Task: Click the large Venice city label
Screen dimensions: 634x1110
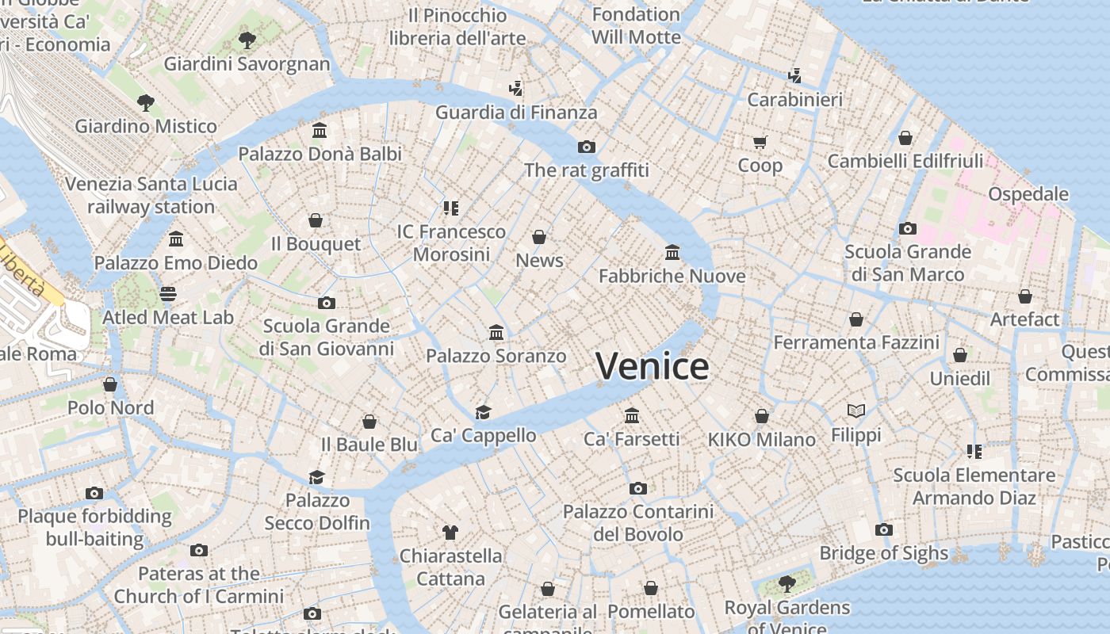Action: coord(652,366)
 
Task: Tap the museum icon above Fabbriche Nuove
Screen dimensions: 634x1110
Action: coord(672,253)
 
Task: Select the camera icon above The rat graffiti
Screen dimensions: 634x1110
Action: coord(587,147)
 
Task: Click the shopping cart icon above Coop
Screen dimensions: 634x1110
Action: coord(760,143)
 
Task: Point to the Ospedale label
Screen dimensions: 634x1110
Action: coord(1028,194)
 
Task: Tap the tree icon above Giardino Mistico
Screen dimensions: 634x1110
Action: coord(145,102)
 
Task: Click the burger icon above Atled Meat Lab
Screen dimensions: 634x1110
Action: coord(168,294)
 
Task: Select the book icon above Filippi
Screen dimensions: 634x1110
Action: coord(855,411)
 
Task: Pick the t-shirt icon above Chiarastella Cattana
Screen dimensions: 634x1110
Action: coord(450,532)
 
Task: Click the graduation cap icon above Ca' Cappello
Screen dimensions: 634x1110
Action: coord(483,412)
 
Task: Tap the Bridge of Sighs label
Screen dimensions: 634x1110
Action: coord(883,553)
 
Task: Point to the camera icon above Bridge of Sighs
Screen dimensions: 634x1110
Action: coord(883,529)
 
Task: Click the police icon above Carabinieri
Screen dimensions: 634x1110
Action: coord(794,76)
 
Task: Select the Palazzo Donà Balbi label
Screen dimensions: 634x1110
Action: coord(320,154)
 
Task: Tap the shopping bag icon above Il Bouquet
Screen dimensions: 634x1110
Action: coord(316,220)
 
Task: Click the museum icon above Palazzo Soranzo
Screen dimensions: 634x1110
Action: coord(496,332)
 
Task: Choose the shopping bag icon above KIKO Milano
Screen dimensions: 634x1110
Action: coord(761,416)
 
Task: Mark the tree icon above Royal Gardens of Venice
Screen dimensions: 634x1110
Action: coord(787,584)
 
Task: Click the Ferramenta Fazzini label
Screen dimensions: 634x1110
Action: coord(855,342)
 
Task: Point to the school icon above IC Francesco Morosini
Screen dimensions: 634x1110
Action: coord(451,208)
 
